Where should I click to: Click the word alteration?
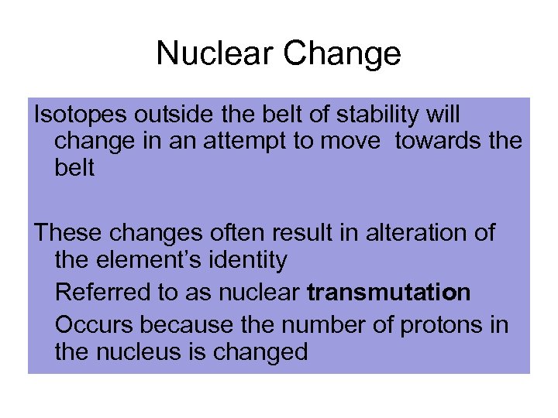404,232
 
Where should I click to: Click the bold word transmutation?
388,293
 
